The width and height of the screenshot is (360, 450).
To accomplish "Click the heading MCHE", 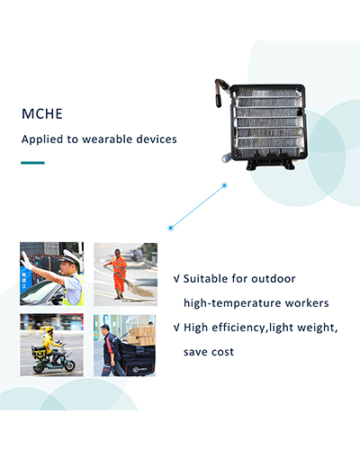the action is (x=42, y=114).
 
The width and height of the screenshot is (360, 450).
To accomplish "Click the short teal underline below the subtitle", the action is (x=32, y=163).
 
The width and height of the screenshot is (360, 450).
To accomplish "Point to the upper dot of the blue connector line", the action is (x=224, y=185).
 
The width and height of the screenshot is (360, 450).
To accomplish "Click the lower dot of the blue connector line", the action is (x=171, y=228).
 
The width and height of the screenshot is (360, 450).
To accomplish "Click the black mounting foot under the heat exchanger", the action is (x=270, y=164).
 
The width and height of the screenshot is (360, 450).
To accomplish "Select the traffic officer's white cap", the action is (x=70, y=257).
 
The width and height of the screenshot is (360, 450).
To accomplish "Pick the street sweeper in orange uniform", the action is (x=119, y=274).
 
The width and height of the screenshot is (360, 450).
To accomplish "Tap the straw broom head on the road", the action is (x=141, y=290).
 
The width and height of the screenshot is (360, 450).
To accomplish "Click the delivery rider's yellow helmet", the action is (x=49, y=329).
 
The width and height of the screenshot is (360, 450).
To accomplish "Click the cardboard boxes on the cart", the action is (x=141, y=336).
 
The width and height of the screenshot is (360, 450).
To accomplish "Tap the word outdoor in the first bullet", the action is (x=274, y=279).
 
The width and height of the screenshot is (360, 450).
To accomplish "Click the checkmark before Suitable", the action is (x=176, y=279).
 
